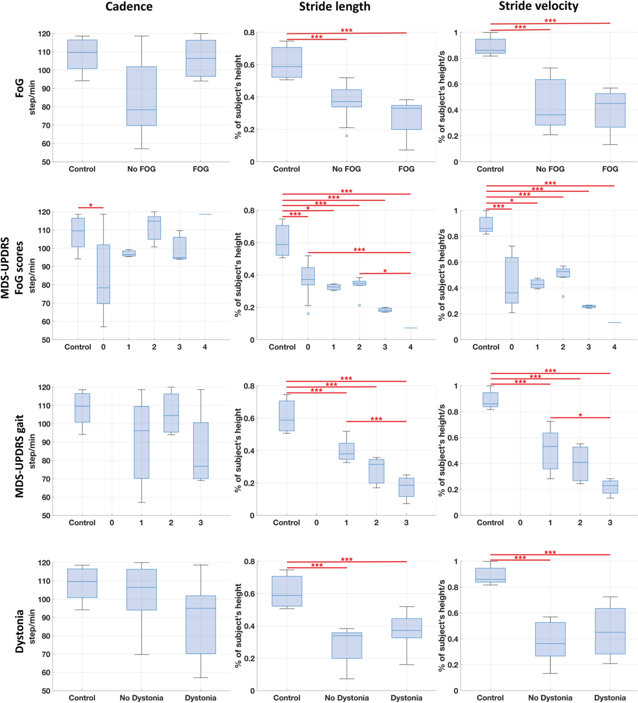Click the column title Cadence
129,6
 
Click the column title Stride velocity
539,6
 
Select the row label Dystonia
20,631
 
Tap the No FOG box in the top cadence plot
141,96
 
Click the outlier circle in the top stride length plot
346,136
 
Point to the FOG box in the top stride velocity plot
610,110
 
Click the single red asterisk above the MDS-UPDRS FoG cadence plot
91,205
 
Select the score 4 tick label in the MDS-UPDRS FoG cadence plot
205,347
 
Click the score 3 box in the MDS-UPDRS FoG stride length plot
385,310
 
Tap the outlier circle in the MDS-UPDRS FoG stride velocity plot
563,297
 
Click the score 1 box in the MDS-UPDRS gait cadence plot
141,442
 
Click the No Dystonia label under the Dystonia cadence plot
141,698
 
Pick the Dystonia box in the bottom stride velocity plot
610,631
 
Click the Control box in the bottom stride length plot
287,591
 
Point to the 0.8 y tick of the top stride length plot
249,33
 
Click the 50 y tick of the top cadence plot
46,162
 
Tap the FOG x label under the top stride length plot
406,169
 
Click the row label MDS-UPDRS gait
20,456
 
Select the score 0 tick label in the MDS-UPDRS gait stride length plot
316,523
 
